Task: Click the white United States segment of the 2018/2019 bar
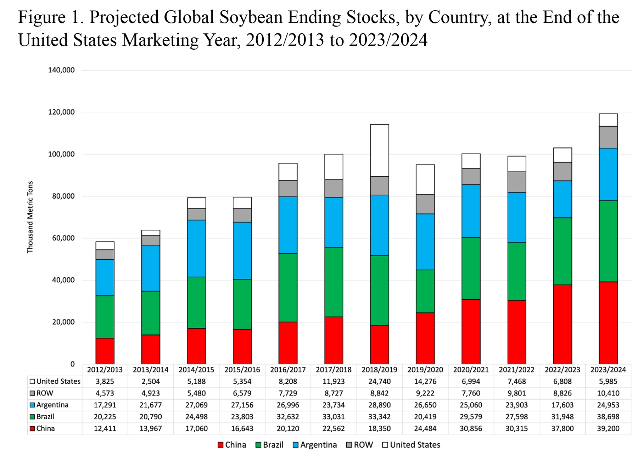click(379, 150)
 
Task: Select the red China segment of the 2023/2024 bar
click(608, 323)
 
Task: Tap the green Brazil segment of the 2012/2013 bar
click(105, 317)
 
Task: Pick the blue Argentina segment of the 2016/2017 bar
click(288, 225)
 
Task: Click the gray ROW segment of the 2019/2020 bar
click(425, 204)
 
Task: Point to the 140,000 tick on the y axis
click(61, 70)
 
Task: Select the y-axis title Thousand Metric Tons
click(30, 217)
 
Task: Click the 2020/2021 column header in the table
click(471, 370)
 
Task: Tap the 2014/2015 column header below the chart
click(196, 370)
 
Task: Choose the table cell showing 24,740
click(379, 382)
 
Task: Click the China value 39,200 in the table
click(608, 428)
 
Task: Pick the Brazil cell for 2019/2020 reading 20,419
click(425, 417)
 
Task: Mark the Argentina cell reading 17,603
click(563, 405)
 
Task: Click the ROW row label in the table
click(45, 393)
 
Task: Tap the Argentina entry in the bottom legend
click(318, 445)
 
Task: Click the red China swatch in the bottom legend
click(220, 445)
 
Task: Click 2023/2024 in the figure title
click(388, 40)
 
